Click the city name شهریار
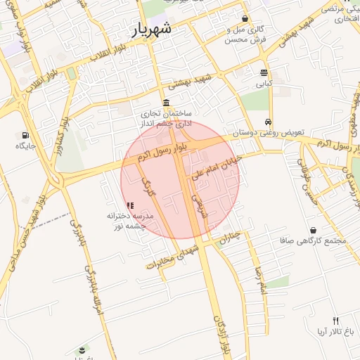point(151,30)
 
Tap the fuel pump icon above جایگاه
point(26,135)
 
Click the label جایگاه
point(26,146)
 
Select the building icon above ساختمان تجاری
point(166,103)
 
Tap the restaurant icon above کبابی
point(264,72)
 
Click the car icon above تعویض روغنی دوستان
point(267,121)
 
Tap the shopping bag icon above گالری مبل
point(245,19)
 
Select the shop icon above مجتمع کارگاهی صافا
point(313,230)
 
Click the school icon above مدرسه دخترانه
point(130,205)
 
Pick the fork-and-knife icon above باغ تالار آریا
point(335,320)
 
